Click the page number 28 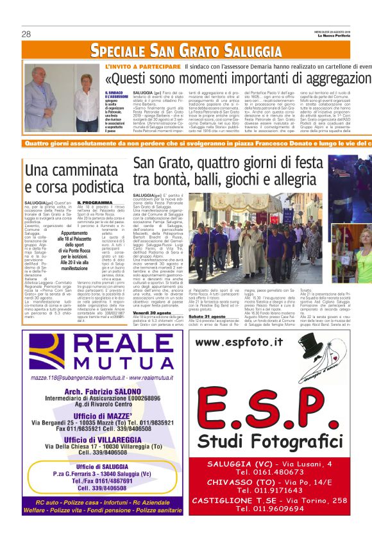[26, 34]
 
